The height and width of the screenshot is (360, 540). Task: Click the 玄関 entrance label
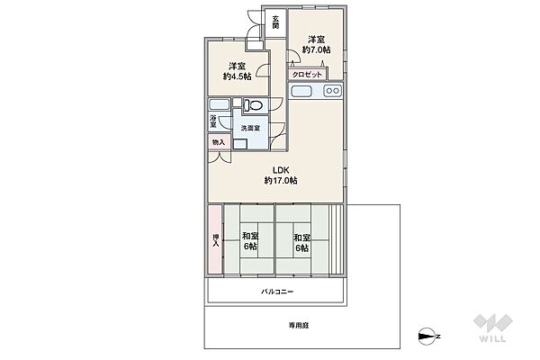pos(275,22)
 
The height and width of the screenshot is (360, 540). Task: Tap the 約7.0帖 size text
pos(316,50)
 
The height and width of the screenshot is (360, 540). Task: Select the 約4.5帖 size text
pos(237,76)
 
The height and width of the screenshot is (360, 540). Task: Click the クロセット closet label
pos(307,75)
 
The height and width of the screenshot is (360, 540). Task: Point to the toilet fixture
pos(253,104)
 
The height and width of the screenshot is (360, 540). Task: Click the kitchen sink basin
pos(301,91)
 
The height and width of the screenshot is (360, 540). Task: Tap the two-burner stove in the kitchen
pos(332,91)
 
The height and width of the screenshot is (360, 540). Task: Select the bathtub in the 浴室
pos(219,104)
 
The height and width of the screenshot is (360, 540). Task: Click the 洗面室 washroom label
pos(250,128)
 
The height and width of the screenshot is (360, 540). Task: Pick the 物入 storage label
pos(219,142)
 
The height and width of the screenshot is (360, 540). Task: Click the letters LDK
pos(281,170)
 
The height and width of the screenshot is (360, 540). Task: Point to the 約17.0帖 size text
pos(281,181)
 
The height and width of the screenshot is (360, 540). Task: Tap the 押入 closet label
pos(216,240)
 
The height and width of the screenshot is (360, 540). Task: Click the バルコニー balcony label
pos(277,292)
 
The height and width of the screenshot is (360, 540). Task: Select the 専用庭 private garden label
pos(299,325)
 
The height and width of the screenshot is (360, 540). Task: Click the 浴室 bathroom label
pos(213,121)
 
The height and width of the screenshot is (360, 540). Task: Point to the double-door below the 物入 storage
pos(219,157)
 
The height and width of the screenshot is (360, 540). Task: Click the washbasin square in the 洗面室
pos(240,144)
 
